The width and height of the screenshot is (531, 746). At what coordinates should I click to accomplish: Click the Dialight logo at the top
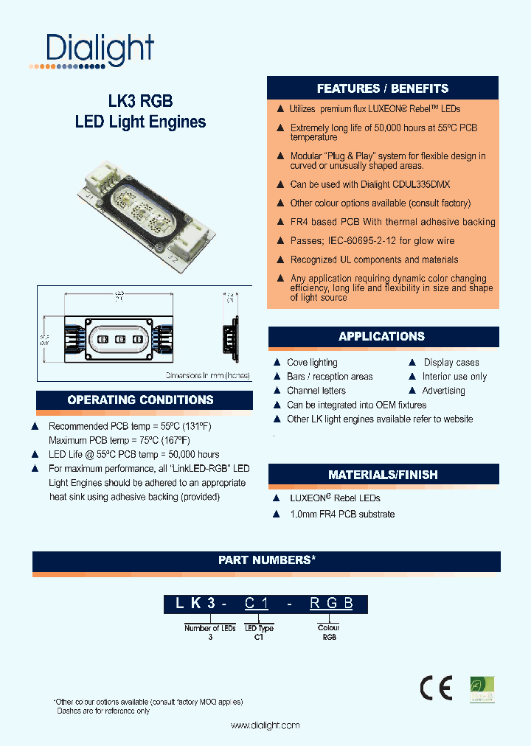tap(92, 51)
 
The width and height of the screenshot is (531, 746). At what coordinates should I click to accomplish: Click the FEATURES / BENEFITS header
tap(382, 88)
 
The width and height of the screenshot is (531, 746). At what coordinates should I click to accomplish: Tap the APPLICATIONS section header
tap(381, 337)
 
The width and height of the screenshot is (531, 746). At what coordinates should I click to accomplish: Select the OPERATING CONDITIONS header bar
tap(140, 400)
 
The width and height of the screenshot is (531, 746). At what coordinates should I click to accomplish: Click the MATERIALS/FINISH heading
tap(383, 475)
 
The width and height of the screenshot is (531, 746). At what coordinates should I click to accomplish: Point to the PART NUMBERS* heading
tap(266, 560)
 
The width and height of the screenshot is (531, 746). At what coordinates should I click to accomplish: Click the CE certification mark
tap(436, 688)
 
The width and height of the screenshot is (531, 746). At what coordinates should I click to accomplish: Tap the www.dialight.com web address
tap(265, 725)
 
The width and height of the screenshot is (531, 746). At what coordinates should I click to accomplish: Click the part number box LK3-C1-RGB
tap(265, 604)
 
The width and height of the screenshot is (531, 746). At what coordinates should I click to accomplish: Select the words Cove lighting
tap(312, 363)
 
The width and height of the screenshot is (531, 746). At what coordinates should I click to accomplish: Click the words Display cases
tap(451, 363)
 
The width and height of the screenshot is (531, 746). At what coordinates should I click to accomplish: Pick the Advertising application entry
tap(443, 391)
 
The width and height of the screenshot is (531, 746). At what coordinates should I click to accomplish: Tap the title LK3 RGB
tap(140, 101)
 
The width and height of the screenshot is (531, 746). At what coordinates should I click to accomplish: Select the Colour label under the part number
tap(329, 628)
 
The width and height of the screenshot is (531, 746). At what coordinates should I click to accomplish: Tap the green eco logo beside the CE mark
tap(482, 689)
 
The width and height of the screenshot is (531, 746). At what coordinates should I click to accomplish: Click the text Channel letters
tap(316, 391)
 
